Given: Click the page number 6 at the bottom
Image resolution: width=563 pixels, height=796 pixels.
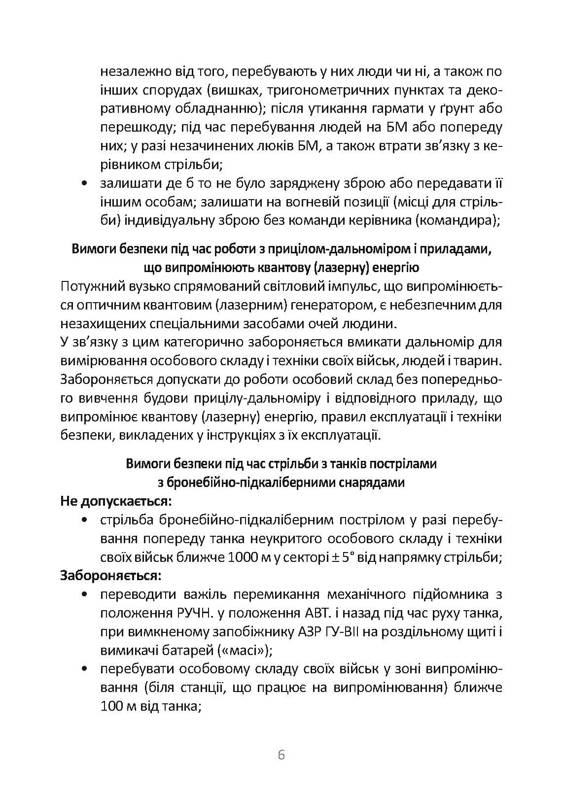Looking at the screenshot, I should click(x=281, y=755).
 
